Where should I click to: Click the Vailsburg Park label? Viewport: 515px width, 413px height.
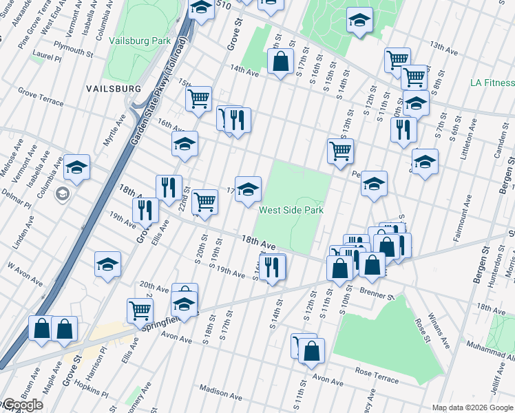pyautogui.click(x=140, y=41)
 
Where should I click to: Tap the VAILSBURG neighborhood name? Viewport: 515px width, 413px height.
pyautogui.click(x=114, y=89)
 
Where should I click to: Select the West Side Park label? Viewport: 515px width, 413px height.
pyautogui.click(x=291, y=210)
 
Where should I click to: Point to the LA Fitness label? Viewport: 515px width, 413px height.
pyautogui.click(x=492, y=83)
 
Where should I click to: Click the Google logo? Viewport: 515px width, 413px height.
pyautogui.click(x=22, y=405)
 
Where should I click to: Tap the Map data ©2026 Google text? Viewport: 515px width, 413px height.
pyautogui.click(x=472, y=407)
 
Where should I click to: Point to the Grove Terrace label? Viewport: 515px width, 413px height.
pyautogui.click(x=41, y=98)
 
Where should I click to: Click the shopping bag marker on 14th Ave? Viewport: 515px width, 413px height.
pyautogui.click(x=280, y=62)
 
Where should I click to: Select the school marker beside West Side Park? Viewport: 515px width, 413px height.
pyautogui.click(x=248, y=189)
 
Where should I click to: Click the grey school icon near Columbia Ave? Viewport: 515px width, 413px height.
pyautogui.click(x=63, y=193)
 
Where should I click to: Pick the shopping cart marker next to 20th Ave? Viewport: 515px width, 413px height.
pyautogui.click(x=140, y=310)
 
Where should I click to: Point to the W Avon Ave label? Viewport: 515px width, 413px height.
pyautogui.click(x=25, y=274)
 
